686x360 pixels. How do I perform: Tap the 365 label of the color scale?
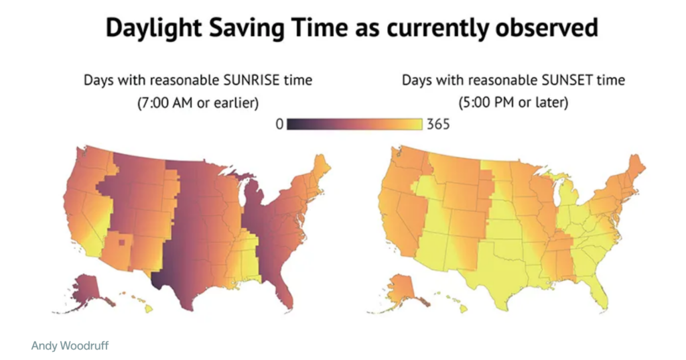437,124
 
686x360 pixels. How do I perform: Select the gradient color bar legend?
354,124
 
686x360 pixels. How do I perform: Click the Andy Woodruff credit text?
69,346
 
